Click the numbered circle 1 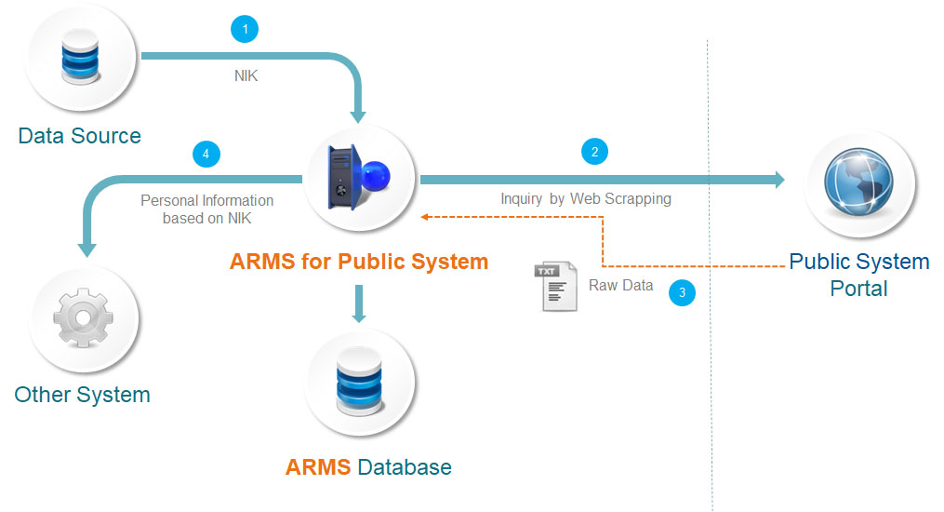point(245,30)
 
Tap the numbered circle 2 point(594,152)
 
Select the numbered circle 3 point(683,292)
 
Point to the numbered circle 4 point(206,153)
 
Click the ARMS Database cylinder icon point(358,384)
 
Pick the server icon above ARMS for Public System point(358,177)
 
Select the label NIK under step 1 point(246,76)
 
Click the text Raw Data point(620,286)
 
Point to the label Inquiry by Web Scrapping point(585,198)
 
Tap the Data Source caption point(80,136)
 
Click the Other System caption point(82,395)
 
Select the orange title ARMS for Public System point(359,261)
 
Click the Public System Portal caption point(859,275)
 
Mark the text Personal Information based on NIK point(206,209)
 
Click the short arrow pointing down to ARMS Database point(358,304)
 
